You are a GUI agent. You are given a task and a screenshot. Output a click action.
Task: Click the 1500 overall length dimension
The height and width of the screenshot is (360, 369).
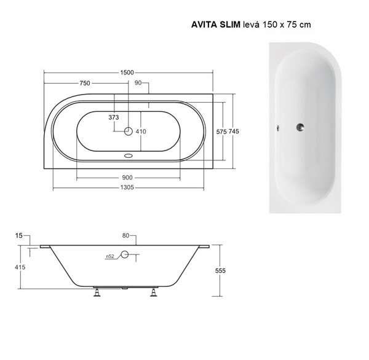[x=127, y=72]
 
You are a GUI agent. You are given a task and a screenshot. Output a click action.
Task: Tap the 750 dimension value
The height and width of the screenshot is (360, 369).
[x=85, y=83]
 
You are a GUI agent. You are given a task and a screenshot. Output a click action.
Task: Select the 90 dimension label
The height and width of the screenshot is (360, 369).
[x=138, y=83]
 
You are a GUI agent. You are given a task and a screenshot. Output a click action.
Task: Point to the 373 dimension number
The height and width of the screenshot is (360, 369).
[x=114, y=117]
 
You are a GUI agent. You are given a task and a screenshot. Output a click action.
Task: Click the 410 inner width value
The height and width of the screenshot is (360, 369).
[x=141, y=131]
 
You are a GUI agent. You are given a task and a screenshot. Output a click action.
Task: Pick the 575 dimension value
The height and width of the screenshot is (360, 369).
[x=221, y=132]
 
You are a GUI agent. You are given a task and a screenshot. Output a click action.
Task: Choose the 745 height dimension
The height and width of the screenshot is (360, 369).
[x=234, y=131]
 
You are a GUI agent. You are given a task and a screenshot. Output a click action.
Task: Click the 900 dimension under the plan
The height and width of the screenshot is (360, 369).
[x=127, y=178]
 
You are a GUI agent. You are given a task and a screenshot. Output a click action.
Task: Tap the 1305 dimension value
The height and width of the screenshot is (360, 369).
[x=127, y=187]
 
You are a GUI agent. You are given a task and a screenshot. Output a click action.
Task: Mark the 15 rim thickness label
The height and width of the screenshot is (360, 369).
[x=19, y=235]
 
